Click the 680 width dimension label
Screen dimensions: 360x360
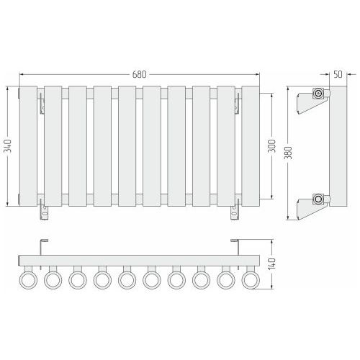point(139,74)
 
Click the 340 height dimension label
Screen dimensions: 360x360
point(8,145)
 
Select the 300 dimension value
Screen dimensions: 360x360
point(272,145)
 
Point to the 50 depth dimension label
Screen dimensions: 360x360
point(338,74)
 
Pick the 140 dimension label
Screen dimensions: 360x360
point(272,264)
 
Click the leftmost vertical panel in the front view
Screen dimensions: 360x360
point(28,146)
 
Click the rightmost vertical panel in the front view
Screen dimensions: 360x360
point(251,146)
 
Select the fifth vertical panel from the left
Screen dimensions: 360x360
point(127,146)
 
